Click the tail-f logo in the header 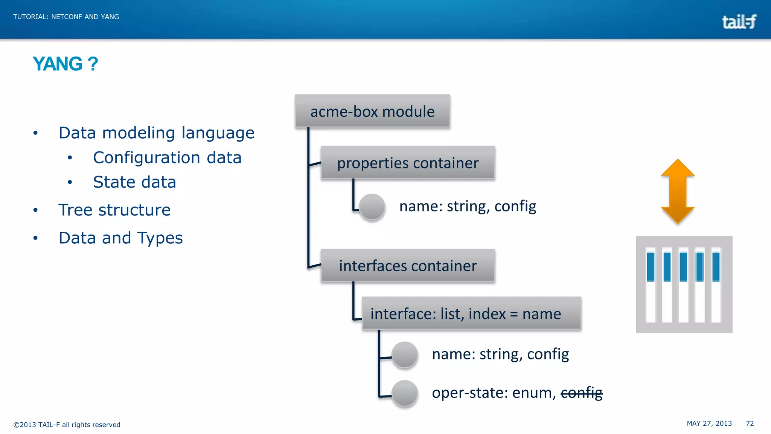tap(739, 22)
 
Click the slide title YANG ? tap(65, 64)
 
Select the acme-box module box tap(372, 111)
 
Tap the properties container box tap(408, 163)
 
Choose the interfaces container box tap(408, 266)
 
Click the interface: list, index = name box tap(471, 313)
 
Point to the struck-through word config tap(581, 393)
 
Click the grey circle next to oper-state tap(405, 393)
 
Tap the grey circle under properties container tap(372, 206)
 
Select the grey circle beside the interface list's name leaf tap(405, 355)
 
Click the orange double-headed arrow tap(678, 191)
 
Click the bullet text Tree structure tap(114, 210)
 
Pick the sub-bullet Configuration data tap(167, 157)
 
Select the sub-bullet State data tap(134, 182)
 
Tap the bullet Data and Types tap(120, 238)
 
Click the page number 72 tap(750, 423)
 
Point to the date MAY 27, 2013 tap(709, 423)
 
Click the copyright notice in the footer tap(67, 425)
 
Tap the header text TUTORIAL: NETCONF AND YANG tap(66, 17)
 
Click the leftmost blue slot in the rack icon tap(650, 267)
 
